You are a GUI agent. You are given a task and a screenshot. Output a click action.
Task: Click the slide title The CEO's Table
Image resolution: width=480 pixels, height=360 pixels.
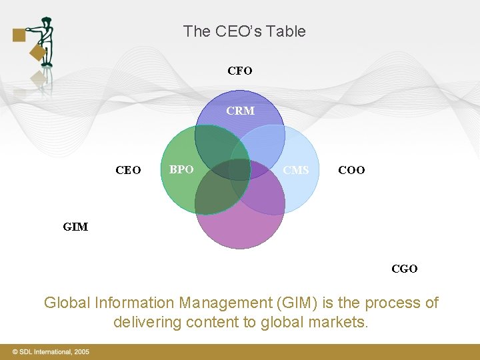coord(244,31)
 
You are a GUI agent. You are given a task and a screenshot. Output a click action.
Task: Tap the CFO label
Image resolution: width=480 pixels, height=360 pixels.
coord(240,71)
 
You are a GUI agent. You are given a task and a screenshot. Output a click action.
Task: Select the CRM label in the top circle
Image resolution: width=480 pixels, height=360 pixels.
coord(240,111)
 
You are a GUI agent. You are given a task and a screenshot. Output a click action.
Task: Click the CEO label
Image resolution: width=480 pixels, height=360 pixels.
coord(128,170)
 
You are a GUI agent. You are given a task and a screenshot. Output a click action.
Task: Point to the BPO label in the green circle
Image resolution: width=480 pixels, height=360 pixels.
coord(181,169)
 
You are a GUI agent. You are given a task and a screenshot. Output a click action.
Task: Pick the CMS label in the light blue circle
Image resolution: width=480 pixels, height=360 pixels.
coord(295,170)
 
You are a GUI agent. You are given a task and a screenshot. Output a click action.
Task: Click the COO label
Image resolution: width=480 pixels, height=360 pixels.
coord(351,170)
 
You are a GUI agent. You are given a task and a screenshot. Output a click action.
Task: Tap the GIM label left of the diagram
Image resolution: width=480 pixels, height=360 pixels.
coord(75,227)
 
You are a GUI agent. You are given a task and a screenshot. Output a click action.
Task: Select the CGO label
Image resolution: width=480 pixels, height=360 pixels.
coord(405,269)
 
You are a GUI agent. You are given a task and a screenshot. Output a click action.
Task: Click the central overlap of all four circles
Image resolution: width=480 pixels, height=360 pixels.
coord(240,169)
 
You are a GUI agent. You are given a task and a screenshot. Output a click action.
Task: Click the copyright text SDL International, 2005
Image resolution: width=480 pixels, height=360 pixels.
coord(50,351)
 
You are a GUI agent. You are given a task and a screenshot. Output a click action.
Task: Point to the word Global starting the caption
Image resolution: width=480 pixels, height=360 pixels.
coord(66,303)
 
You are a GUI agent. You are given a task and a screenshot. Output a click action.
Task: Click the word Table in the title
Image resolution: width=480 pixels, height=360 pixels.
coord(287,31)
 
